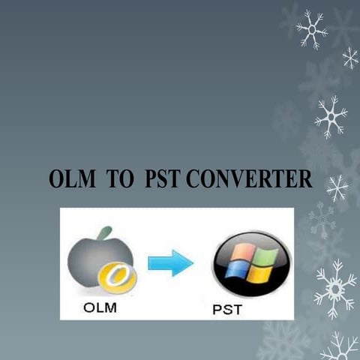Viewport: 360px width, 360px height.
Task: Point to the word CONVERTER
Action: (x=247, y=180)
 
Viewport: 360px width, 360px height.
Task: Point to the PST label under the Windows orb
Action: (x=226, y=309)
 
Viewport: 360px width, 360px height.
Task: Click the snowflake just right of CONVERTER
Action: (x=337, y=187)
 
